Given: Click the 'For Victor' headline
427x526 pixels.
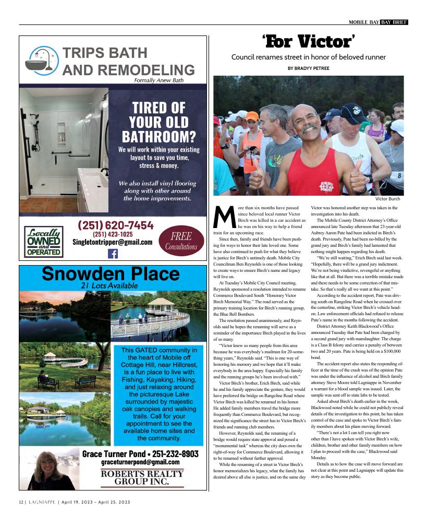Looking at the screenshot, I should (309, 40).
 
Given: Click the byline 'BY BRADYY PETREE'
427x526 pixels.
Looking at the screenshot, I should (309, 68).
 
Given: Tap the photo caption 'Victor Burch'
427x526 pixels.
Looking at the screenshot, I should (387, 199).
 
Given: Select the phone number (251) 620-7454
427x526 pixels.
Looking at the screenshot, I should (116, 225).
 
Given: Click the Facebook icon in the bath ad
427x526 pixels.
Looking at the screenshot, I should (113, 254).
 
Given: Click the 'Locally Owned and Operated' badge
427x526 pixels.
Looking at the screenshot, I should (44, 242).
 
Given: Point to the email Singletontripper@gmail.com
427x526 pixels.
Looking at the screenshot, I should (113, 242).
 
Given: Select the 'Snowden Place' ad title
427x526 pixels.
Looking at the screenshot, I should (111, 274).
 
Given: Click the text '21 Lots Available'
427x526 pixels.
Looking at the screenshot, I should (109, 285).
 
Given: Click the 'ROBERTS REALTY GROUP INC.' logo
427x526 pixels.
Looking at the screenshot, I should (142, 477).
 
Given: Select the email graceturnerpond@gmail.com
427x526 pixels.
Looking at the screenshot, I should (140, 462).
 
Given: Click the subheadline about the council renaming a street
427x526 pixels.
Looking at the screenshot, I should (309, 57).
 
